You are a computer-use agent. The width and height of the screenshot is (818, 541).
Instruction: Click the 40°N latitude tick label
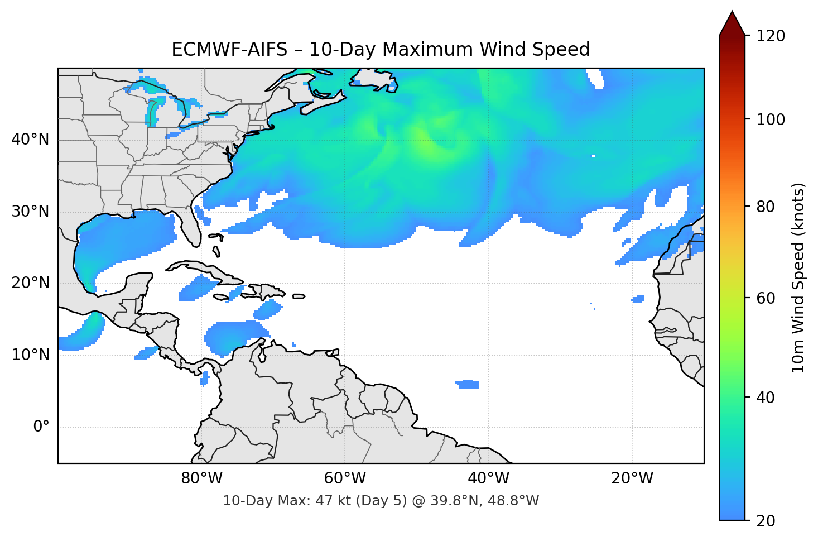[x=30, y=140]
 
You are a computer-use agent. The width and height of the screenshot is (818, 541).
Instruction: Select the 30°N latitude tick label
[x=30, y=212]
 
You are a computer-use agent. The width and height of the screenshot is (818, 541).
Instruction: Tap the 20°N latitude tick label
[x=30, y=283]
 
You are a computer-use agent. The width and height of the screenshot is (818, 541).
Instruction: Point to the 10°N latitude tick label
[x=30, y=355]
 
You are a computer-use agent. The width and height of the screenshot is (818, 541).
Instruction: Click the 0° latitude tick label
[x=41, y=427]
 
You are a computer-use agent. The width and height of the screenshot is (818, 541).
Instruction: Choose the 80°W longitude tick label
[x=201, y=478]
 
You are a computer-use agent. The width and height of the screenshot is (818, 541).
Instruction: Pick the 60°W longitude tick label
[x=345, y=478]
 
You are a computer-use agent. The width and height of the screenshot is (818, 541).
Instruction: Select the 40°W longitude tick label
[x=488, y=478]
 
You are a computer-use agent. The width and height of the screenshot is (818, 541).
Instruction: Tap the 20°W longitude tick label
[x=632, y=478]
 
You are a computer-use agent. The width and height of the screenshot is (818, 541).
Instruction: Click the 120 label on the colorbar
[x=771, y=36]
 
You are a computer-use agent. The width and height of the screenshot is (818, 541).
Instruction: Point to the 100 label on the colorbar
[x=771, y=119]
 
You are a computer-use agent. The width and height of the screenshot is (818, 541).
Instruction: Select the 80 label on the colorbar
[x=766, y=207]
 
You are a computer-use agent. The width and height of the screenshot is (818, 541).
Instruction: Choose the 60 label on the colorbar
[x=766, y=298]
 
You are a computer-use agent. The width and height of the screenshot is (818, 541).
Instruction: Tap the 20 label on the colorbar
[x=766, y=521]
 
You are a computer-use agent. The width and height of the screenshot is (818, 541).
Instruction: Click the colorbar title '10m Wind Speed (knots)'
[x=798, y=277]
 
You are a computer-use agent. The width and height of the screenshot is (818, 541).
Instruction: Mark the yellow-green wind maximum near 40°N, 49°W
[x=425, y=144]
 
